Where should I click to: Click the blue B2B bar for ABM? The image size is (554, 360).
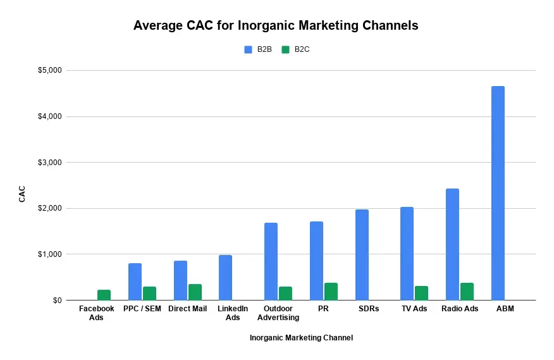pyautogui.click(x=498, y=193)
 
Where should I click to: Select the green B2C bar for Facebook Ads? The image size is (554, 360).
pyautogui.click(x=104, y=295)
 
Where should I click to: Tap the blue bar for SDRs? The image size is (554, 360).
pyautogui.click(x=362, y=254)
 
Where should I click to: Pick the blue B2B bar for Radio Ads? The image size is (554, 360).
pyautogui.click(x=452, y=244)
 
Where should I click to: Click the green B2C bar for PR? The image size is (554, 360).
pyautogui.click(x=331, y=291)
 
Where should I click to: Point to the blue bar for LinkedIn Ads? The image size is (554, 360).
pyautogui.click(x=225, y=277)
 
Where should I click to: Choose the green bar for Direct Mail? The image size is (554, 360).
pyautogui.click(x=195, y=292)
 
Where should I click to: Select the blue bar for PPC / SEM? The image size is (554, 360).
pyautogui.click(x=135, y=282)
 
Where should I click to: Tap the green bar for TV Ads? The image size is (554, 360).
pyautogui.click(x=421, y=293)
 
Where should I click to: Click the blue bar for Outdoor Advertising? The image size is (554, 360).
pyautogui.click(x=271, y=261)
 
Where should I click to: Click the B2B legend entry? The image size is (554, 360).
pyautogui.click(x=258, y=49)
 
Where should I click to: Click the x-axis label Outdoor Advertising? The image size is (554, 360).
pyautogui.click(x=278, y=313)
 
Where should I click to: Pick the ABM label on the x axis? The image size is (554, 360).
pyautogui.click(x=505, y=309)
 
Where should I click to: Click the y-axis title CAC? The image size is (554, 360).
pyautogui.click(x=22, y=194)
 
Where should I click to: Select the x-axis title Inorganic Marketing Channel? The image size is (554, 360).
pyautogui.click(x=301, y=338)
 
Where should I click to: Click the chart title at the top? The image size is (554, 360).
pyautogui.click(x=276, y=26)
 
